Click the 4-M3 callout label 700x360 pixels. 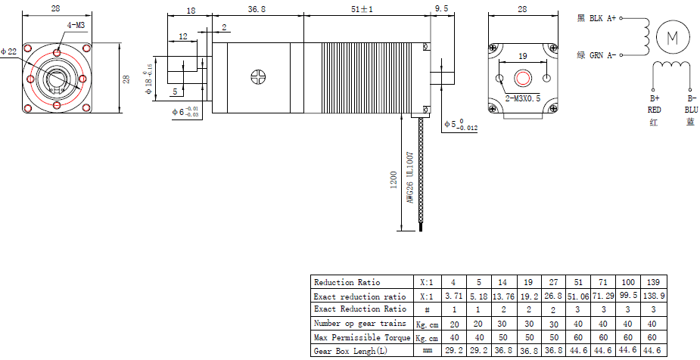[76, 26]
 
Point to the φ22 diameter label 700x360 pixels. [8, 51]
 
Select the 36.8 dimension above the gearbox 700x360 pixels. [257, 9]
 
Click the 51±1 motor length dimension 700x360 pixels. [362, 9]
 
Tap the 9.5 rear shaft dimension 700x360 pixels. [441, 9]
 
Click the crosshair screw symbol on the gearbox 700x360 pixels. [259, 77]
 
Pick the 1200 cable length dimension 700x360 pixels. [394, 180]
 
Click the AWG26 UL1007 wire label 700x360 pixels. [410, 178]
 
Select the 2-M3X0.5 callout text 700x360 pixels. [522, 98]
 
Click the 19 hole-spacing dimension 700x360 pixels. [523, 56]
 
